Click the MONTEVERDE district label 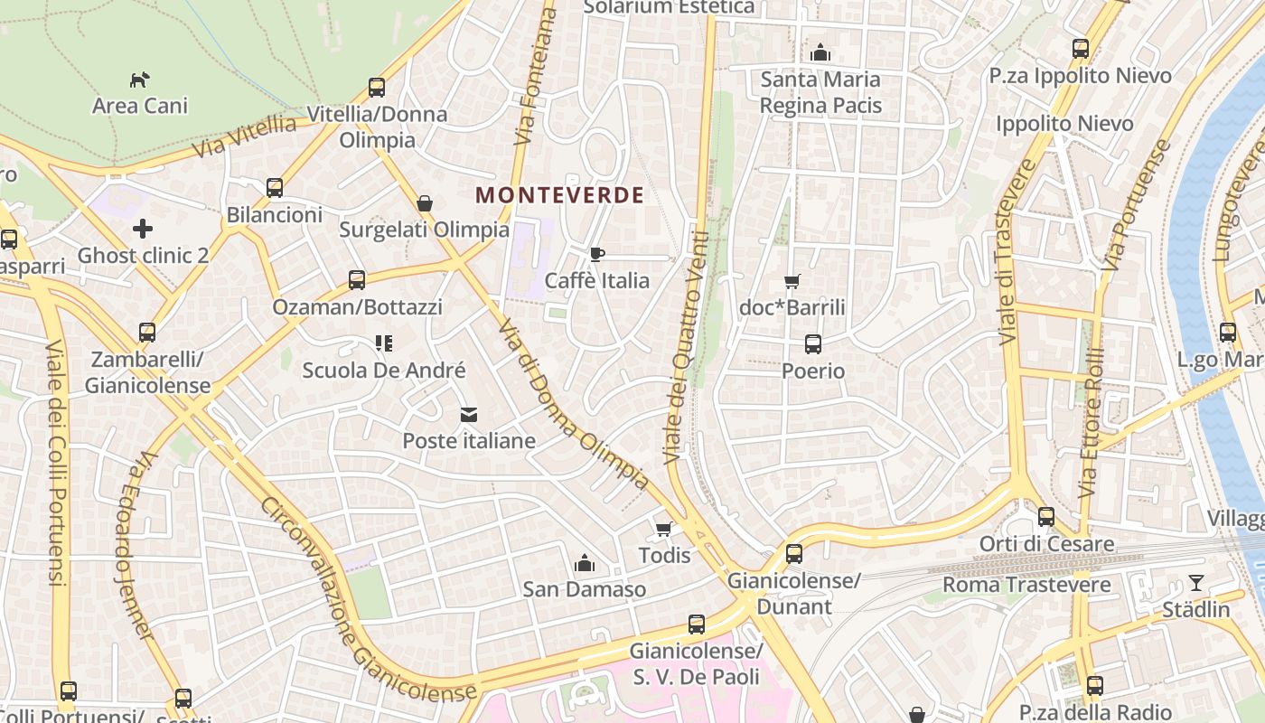[x=559, y=195]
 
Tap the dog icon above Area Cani [x=140, y=80]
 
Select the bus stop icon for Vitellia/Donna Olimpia [x=377, y=88]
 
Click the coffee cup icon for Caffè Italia [x=596, y=254]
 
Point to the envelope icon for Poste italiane [x=469, y=415]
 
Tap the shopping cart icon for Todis [x=664, y=529]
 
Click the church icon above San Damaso [x=585, y=563]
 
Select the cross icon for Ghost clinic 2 [x=143, y=228]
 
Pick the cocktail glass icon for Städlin [x=1196, y=583]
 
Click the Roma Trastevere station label [x=1026, y=585]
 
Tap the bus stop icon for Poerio [x=813, y=344]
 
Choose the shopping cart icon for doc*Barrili [x=792, y=281]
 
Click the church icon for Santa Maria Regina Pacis [x=820, y=52]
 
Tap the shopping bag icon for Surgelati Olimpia [x=425, y=203]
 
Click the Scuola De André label [x=384, y=370]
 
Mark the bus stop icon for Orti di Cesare [x=1046, y=517]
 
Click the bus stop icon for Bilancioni [x=275, y=188]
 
